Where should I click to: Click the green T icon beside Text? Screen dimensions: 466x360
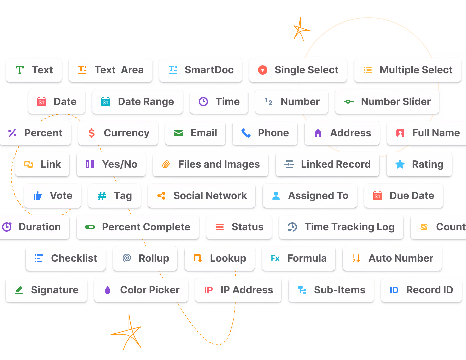tap(20, 70)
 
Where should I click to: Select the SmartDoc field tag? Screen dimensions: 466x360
tap(201, 70)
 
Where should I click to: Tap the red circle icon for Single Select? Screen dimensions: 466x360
tap(263, 70)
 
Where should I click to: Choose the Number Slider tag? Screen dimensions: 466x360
tap(387, 102)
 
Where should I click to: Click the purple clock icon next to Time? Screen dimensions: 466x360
tap(203, 102)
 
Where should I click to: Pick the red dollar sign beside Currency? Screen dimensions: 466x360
tap(92, 133)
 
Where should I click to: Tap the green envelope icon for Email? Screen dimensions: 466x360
tap(179, 133)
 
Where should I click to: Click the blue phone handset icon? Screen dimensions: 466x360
tap(246, 133)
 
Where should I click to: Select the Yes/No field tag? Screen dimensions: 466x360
tap(111, 164)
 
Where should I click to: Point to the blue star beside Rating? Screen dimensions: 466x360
tap(400, 164)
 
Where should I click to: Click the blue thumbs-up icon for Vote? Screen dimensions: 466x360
tap(38, 196)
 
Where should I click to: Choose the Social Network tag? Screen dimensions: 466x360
tap(202, 196)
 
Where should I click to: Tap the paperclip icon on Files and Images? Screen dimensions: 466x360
tap(166, 164)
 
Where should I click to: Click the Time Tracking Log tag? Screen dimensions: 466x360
tap(341, 227)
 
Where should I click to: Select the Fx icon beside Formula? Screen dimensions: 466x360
tap(275, 258)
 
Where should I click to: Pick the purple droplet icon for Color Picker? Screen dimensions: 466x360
tap(108, 290)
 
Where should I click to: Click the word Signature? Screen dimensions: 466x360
tap(55, 290)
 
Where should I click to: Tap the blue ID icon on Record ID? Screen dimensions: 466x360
tap(394, 290)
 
